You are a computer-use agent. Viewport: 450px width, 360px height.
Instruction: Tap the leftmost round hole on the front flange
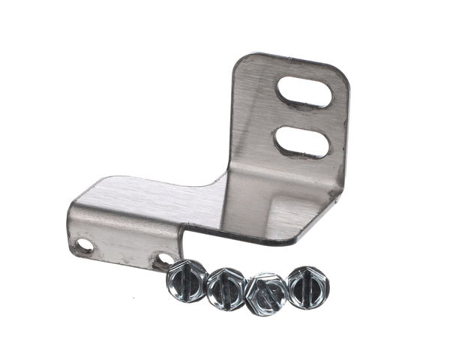pyautogui.click(x=85, y=245)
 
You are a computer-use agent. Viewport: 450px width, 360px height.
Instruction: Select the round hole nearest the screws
pyautogui.click(x=162, y=260)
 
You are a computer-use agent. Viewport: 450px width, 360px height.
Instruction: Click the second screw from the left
pyautogui.click(x=226, y=286)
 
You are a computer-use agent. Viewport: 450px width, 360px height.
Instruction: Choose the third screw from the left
pyautogui.click(x=266, y=292)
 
